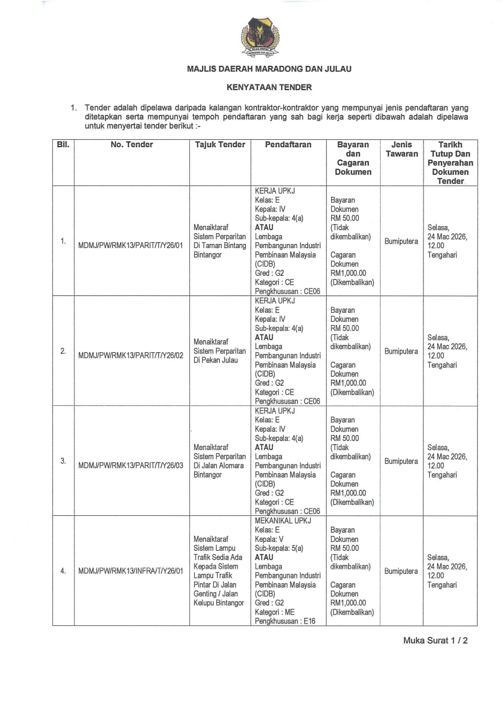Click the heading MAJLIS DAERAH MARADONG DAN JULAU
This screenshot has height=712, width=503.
click(x=269, y=69)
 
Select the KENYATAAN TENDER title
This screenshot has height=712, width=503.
click(x=269, y=87)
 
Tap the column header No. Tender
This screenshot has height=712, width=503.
click(x=132, y=145)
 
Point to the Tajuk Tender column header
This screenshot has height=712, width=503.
click(x=220, y=145)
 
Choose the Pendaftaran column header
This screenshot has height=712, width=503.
click(x=288, y=145)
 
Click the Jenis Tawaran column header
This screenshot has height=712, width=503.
click(x=402, y=149)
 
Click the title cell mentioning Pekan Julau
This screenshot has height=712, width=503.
click(x=220, y=351)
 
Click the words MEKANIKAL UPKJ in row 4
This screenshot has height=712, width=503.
click(x=283, y=521)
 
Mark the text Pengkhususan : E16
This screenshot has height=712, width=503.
click(x=285, y=621)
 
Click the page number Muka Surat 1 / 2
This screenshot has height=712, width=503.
click(x=435, y=640)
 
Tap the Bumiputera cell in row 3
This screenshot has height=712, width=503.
click(x=401, y=461)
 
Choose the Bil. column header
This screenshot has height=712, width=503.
click(x=63, y=145)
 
